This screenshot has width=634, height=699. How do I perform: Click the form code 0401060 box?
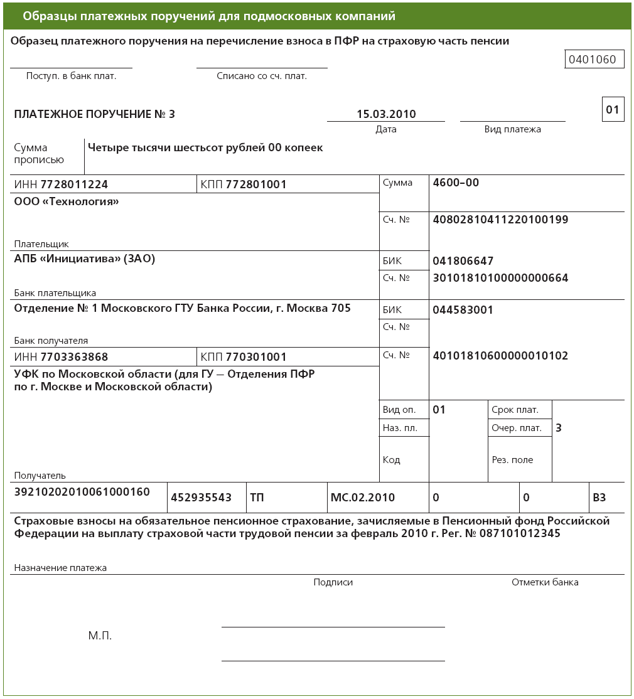(594, 60)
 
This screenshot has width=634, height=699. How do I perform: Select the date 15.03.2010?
(386, 114)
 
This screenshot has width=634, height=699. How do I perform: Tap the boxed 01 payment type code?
(612, 110)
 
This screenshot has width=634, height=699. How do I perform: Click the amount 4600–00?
(456, 183)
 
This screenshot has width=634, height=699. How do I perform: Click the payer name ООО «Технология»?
(67, 201)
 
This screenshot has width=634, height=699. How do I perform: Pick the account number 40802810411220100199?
(500, 220)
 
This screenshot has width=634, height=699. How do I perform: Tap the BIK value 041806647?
(463, 261)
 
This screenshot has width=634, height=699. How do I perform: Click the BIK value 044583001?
(463, 310)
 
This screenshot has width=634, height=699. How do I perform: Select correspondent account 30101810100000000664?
(500, 277)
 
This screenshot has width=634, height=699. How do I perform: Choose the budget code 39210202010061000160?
(82, 492)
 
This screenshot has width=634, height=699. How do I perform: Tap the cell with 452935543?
(201, 498)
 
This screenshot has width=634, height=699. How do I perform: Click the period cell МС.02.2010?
(362, 498)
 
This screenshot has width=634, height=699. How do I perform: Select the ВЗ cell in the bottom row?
(599, 498)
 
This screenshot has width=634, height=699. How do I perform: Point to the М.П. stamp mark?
(100, 636)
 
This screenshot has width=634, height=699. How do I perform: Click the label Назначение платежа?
(60, 568)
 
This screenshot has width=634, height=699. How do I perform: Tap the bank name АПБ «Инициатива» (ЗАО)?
(84, 259)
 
